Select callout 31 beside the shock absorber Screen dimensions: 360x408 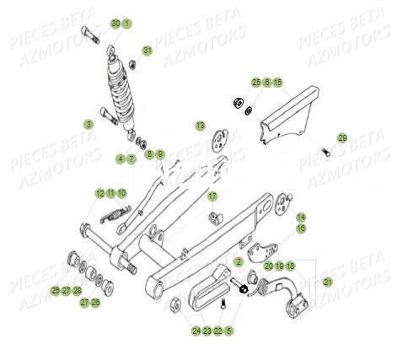click(x=148, y=51)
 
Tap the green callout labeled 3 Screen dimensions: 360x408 click(x=89, y=124)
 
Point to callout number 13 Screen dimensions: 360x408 click(x=200, y=126)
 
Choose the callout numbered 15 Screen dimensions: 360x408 click(x=277, y=82)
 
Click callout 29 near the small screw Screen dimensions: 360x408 click(x=342, y=137)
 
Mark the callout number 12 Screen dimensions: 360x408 click(x=99, y=193)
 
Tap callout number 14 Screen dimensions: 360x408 click(x=301, y=218)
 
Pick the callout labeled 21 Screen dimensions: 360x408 click(x=328, y=282)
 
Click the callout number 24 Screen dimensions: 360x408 click(x=195, y=331)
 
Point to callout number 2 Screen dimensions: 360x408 click(x=239, y=262)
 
